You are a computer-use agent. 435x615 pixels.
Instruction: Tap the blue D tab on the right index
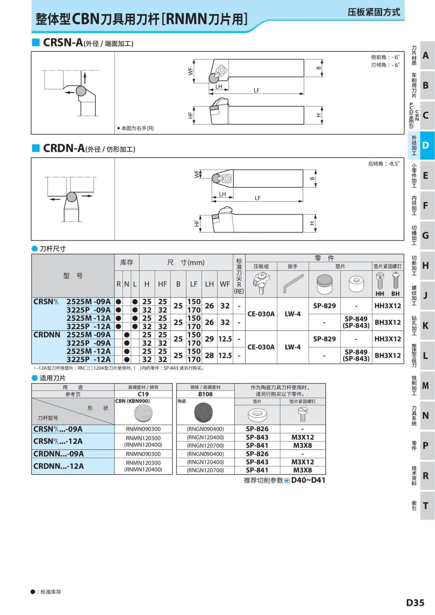tap(425, 145)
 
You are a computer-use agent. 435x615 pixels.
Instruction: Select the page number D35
tap(415, 603)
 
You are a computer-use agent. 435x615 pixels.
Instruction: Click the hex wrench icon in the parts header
tap(293, 284)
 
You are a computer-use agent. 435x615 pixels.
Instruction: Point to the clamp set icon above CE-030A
tap(261, 283)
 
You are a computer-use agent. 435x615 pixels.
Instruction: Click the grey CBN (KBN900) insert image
tap(143, 413)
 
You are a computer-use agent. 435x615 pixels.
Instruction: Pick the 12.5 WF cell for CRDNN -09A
tap(225, 339)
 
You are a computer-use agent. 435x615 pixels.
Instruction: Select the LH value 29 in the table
tap(209, 339)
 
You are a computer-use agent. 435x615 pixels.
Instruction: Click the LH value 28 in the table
tap(209, 356)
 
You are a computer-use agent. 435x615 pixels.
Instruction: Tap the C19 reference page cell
tap(143, 394)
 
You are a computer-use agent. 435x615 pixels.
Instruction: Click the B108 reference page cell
tap(206, 394)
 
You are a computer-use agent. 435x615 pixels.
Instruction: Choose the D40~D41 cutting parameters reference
tap(308, 480)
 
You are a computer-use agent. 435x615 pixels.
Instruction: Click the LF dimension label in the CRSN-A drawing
tap(257, 90)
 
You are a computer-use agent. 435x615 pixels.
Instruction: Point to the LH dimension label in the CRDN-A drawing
tap(223, 194)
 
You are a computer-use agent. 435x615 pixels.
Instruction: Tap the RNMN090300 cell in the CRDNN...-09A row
tap(143, 454)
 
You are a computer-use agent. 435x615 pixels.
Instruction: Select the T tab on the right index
tap(425, 506)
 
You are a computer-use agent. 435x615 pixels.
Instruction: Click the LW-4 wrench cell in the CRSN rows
tap(293, 314)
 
